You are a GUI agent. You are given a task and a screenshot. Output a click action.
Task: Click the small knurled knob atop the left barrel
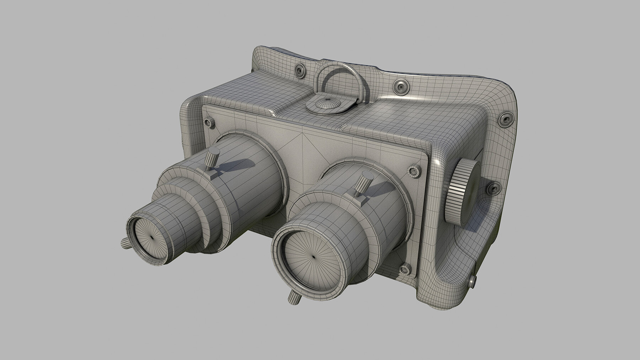(x=210, y=157)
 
